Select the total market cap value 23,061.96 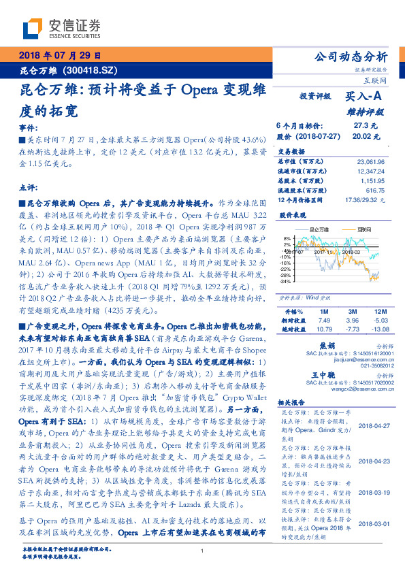(371, 162)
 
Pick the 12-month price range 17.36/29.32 (365, 201)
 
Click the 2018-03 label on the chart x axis (350, 252)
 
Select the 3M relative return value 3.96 (352, 319)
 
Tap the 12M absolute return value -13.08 (379, 329)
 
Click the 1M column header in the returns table (323, 310)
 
